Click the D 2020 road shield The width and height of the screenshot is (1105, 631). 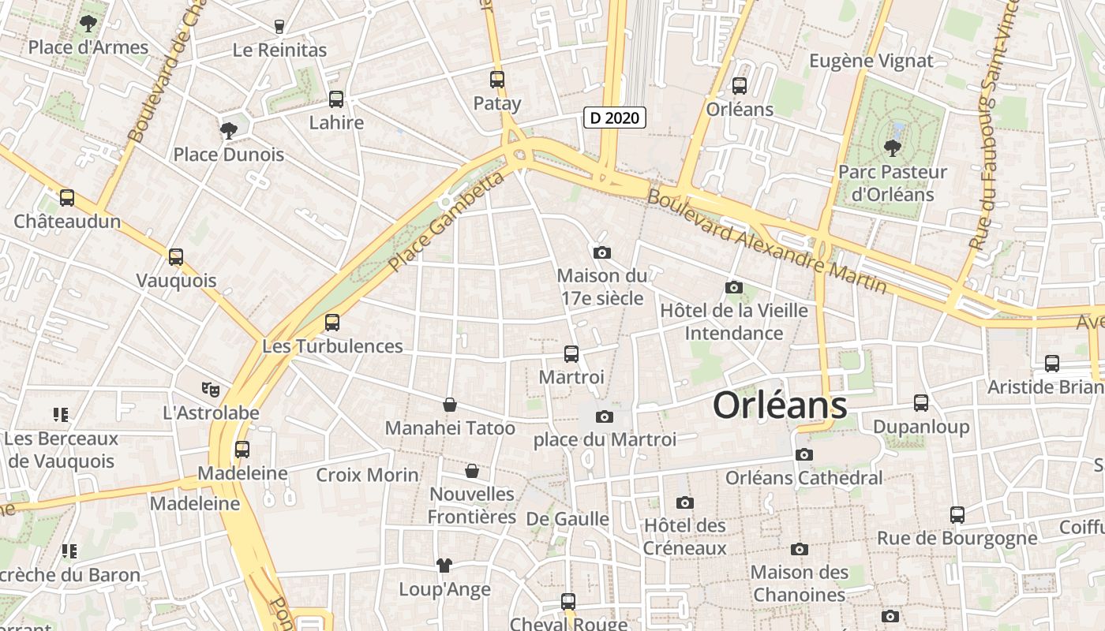(x=615, y=118)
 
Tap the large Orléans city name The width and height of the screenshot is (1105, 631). (x=780, y=405)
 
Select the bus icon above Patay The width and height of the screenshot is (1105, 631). (x=496, y=80)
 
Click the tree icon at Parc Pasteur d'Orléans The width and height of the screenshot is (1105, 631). (x=892, y=147)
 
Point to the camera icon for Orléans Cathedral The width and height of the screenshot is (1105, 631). (x=804, y=454)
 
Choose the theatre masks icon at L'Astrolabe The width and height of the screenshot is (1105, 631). (x=210, y=389)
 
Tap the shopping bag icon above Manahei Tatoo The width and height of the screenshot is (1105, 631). (x=450, y=405)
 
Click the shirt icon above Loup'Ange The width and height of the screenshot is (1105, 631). (x=444, y=566)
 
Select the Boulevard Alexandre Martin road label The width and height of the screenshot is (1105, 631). (x=766, y=241)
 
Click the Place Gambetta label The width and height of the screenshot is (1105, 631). (x=446, y=222)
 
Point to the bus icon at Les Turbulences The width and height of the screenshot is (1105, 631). (x=332, y=323)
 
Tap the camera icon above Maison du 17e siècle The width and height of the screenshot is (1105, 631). (x=602, y=252)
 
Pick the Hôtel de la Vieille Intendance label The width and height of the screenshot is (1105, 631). (x=734, y=322)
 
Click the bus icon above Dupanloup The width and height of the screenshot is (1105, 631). (x=921, y=403)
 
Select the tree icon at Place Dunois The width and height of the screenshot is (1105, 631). (x=229, y=130)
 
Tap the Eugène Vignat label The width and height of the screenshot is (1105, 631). (x=871, y=61)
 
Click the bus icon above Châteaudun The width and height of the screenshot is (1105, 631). (x=67, y=198)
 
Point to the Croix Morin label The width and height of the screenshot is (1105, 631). (x=367, y=475)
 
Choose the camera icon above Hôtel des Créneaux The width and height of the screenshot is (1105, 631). (x=684, y=502)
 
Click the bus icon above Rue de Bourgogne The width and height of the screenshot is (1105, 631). (x=957, y=515)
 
